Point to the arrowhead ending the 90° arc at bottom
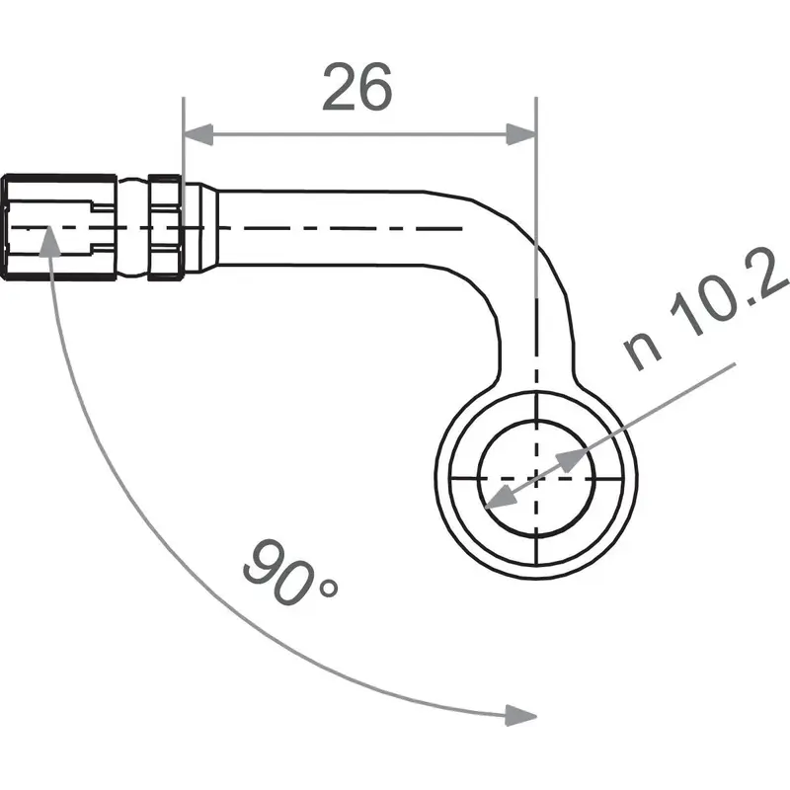(x=518, y=713)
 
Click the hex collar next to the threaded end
(x=164, y=227)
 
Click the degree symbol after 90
(x=328, y=590)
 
